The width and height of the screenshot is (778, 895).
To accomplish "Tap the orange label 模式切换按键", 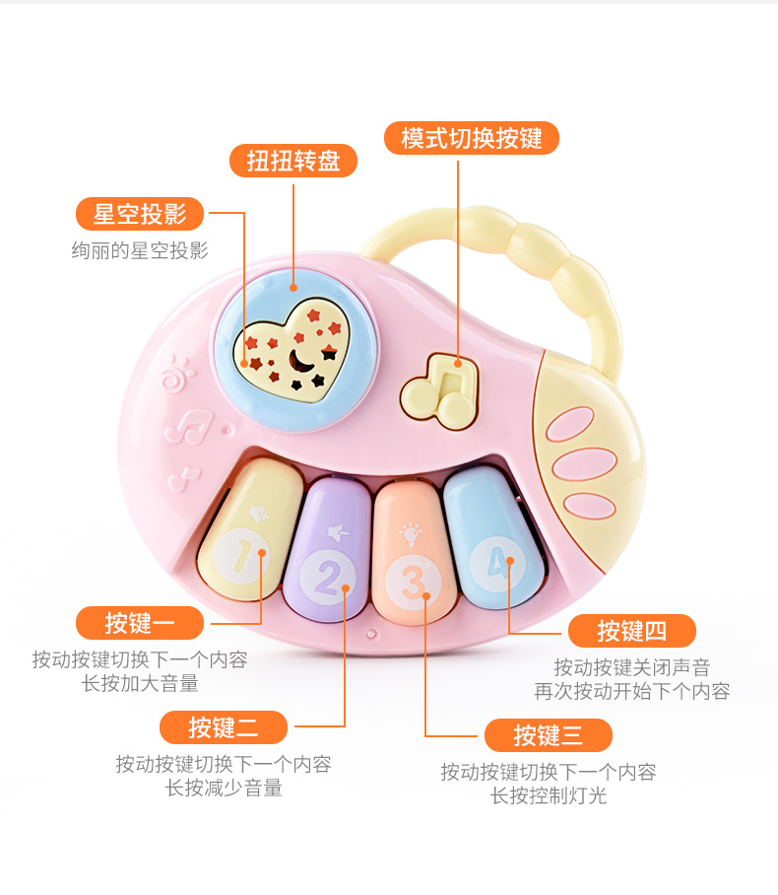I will point(472,138).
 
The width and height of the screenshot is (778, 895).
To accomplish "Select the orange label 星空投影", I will point(140,213).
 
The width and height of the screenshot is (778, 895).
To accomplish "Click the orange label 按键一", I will point(140,623).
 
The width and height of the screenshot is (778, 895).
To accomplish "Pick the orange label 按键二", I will point(224,727).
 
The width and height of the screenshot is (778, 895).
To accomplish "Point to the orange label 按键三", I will point(548,734).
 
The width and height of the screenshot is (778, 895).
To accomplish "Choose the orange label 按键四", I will point(631,631).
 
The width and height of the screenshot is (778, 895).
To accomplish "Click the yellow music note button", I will point(439,390).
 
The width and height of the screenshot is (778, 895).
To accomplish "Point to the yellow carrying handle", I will point(551,266).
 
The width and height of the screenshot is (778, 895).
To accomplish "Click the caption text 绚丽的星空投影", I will point(140,250).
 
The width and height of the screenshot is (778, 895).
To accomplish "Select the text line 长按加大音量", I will point(140,683).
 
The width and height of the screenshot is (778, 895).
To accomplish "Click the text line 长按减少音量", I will point(224,788).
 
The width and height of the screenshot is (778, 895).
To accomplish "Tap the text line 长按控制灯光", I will point(549,795).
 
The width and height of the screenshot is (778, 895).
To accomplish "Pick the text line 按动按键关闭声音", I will point(631,667).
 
